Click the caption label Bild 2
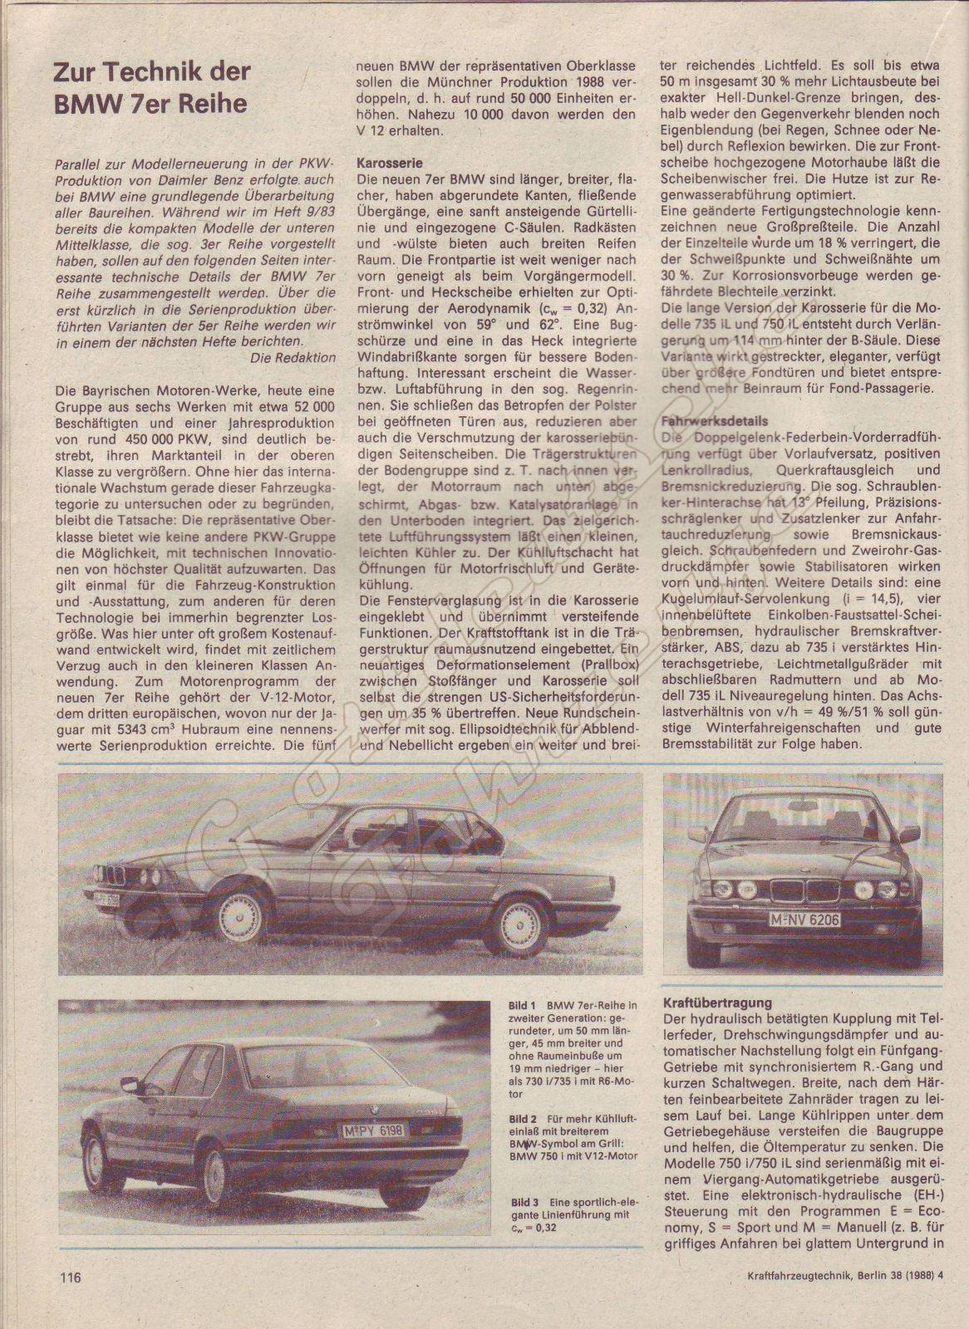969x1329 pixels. [x=523, y=1119]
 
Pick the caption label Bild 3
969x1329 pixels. [x=523, y=1200]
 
